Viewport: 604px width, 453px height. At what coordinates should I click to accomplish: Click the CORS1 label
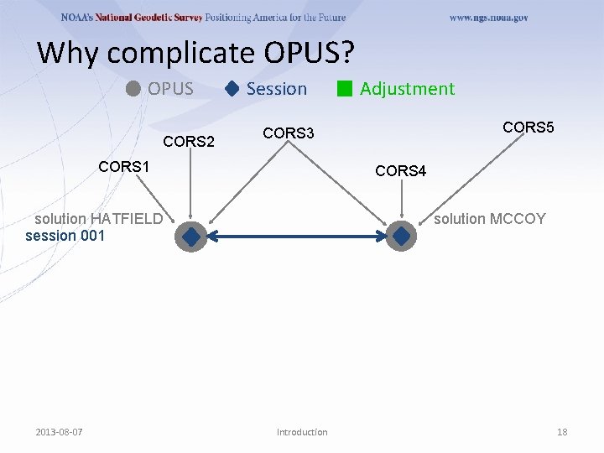click(123, 166)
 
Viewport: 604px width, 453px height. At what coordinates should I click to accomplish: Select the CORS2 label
click(189, 142)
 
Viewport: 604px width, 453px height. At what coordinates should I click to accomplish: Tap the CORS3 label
click(289, 133)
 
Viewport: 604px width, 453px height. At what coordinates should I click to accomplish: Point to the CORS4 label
click(401, 171)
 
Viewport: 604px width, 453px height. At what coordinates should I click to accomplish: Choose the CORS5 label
click(528, 128)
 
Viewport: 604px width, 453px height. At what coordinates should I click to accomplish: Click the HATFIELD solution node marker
click(191, 237)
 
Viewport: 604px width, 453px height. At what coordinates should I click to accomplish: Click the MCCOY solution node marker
click(402, 237)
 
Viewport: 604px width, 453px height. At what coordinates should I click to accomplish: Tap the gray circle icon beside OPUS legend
click(134, 89)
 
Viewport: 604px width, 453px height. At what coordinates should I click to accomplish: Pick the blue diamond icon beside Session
click(232, 89)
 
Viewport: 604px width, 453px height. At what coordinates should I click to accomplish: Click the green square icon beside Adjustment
click(344, 89)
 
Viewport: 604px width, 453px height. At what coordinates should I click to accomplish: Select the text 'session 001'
click(65, 236)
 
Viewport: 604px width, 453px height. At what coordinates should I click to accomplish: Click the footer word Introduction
click(302, 432)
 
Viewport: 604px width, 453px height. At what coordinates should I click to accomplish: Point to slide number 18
click(562, 432)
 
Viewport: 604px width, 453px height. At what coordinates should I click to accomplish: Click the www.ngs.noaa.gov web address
click(489, 18)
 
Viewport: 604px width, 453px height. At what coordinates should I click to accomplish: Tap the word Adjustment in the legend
click(407, 89)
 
